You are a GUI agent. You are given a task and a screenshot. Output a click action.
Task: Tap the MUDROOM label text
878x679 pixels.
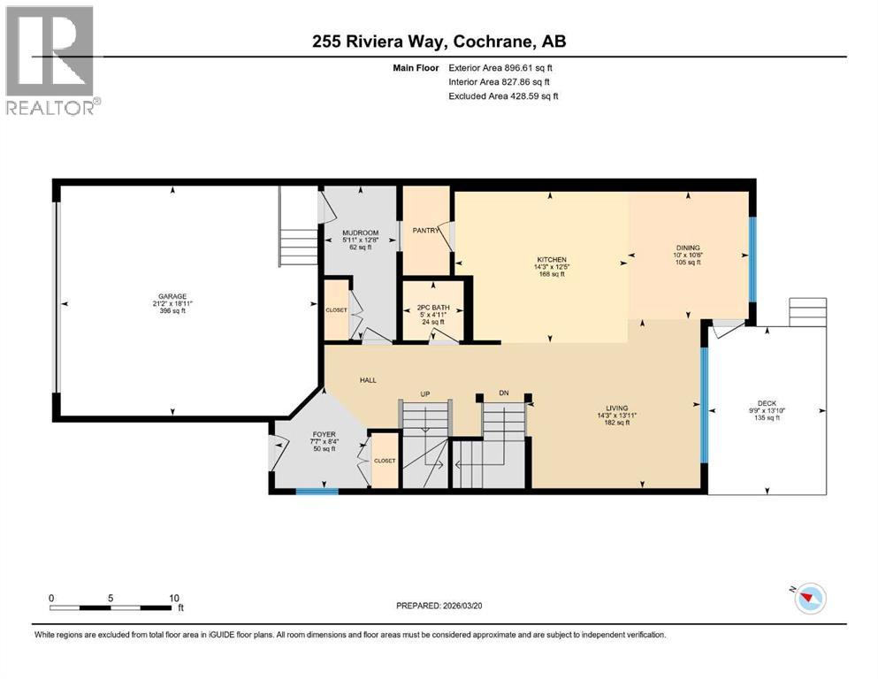[x=360, y=233]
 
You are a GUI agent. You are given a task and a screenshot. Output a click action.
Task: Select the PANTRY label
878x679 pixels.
[x=425, y=231]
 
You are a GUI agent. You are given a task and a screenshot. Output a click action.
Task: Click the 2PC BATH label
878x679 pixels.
[x=433, y=307]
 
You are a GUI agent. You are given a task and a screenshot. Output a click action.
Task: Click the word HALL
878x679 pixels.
[x=368, y=380]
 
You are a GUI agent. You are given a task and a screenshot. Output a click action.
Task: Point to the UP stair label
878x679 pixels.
[x=424, y=394]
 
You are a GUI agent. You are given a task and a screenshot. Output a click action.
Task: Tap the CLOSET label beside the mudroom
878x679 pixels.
[x=336, y=311]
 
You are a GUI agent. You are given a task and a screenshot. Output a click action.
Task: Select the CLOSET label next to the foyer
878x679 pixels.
[x=385, y=461]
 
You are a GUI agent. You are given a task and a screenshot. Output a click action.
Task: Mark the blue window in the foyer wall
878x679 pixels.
[x=317, y=491]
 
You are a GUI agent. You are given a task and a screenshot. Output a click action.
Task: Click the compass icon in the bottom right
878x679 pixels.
[x=809, y=599]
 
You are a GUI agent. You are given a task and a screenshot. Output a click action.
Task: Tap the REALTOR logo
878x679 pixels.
[x=51, y=59]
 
